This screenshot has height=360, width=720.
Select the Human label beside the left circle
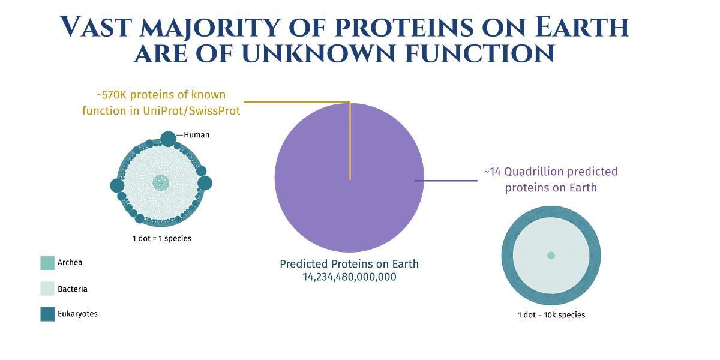[x=196, y=135]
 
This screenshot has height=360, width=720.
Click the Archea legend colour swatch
[x=47, y=263]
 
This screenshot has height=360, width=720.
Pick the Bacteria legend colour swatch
[x=47, y=289]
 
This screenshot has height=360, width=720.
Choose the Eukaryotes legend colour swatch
[x=47, y=314]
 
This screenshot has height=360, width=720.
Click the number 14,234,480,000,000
[x=349, y=277]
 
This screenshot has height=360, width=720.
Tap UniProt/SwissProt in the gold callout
[x=192, y=110]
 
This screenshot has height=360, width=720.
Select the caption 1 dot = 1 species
[x=161, y=238]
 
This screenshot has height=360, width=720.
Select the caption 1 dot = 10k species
[x=551, y=315]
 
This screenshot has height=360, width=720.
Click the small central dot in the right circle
[x=551, y=256]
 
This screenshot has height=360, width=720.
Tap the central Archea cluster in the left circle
[x=161, y=183]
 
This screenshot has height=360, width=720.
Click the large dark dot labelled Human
[x=169, y=139]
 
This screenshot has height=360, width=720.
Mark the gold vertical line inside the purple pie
[x=350, y=144]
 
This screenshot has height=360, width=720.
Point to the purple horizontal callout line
[x=444, y=180]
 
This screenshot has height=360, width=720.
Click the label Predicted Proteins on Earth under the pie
[x=349, y=264]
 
